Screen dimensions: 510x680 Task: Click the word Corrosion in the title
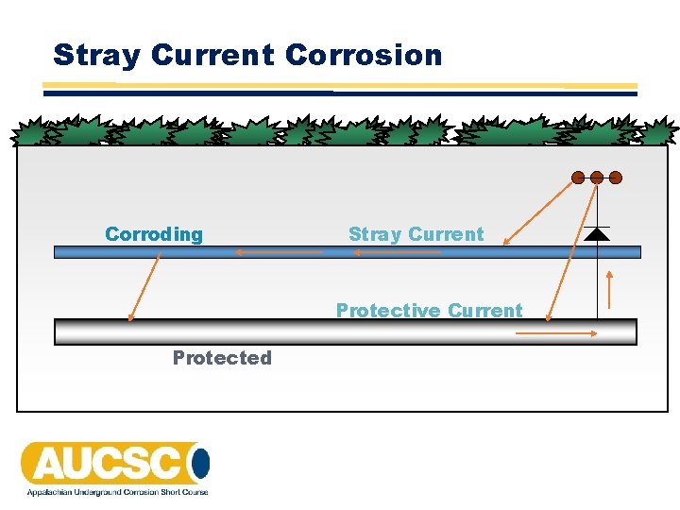[363, 55]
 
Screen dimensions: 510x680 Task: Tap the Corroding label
[154, 234]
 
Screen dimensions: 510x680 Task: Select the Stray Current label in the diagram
[416, 234]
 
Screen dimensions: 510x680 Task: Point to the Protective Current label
[429, 311]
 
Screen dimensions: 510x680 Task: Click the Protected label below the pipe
[222, 358]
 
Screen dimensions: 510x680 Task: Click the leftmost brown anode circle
[578, 177]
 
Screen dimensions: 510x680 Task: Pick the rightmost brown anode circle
[616, 177]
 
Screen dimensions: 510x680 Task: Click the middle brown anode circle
[597, 177]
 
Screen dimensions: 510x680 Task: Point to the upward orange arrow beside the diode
[611, 290]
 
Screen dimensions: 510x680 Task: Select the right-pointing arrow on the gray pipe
[571, 332]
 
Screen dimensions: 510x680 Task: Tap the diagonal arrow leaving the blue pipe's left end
[144, 290]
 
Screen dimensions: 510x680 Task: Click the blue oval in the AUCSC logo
[200, 464]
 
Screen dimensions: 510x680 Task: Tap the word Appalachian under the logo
[49, 492]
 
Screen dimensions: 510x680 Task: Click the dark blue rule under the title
[340, 93]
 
